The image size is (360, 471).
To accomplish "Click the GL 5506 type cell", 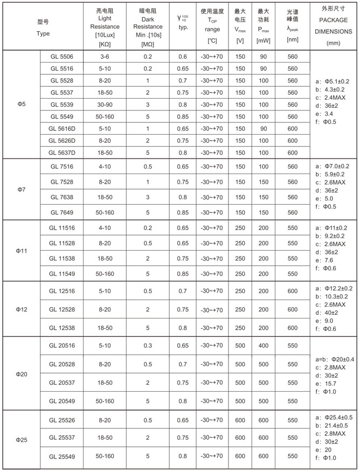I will point(62,57).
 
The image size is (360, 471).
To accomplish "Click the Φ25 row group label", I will point(21,439).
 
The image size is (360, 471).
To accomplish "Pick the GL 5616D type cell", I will point(62,129).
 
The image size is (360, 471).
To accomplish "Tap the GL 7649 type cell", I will point(62,212).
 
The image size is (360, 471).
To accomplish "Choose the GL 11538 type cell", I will point(62,259).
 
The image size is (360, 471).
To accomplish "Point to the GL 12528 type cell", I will point(62,310).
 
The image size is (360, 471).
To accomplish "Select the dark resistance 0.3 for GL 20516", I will point(148,345).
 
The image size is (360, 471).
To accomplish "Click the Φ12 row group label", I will point(21,309).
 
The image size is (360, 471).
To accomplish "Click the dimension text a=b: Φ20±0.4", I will point(334,359).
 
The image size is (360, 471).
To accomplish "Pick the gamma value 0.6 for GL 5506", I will point(183,57).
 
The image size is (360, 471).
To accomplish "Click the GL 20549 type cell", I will point(62,401).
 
